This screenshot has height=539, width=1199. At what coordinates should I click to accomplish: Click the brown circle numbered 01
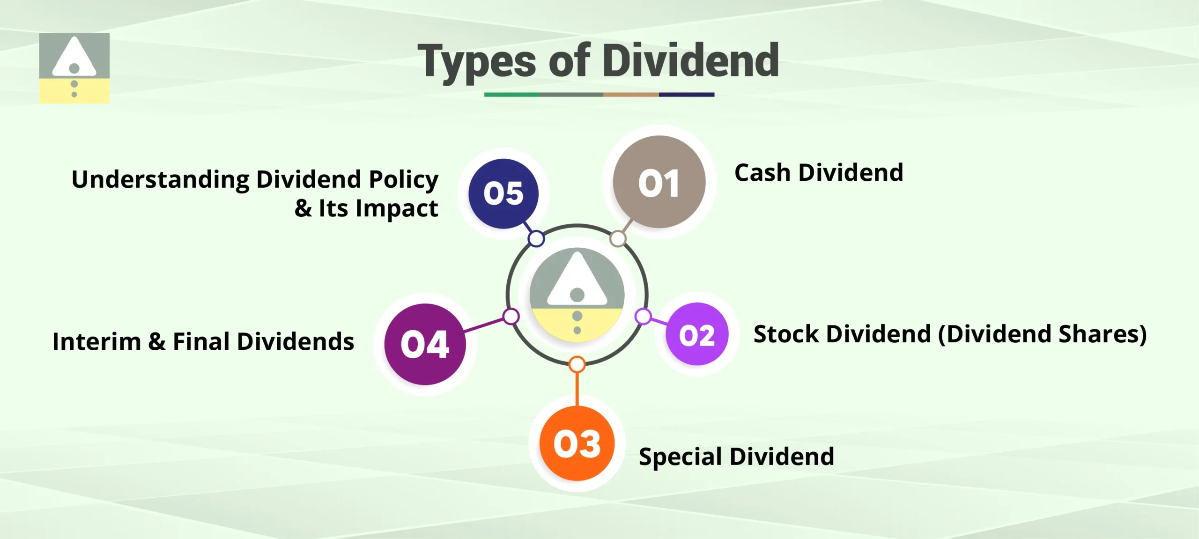point(659,182)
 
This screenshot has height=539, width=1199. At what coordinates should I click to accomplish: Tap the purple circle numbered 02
point(697,334)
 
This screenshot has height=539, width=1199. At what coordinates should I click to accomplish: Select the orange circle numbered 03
point(577,443)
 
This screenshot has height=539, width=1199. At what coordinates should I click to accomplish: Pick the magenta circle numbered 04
point(425,344)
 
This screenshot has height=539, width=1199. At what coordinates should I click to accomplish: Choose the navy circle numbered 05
point(503,193)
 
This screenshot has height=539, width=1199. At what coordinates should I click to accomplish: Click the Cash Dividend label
point(818,173)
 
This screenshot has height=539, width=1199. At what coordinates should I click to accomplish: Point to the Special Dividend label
point(736,456)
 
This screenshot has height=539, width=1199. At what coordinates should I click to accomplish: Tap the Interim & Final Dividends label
point(203,341)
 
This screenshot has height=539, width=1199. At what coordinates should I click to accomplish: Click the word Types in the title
point(477,62)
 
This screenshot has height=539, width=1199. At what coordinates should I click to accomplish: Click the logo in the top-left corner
point(74,68)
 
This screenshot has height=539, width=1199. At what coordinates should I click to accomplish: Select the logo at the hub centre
point(577,295)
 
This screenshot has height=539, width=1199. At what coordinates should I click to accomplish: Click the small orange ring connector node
point(577,364)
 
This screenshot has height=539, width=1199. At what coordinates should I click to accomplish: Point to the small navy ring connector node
point(536,238)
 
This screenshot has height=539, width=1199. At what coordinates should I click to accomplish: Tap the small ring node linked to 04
point(511,316)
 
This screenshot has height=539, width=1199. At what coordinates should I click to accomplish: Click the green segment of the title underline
point(511,95)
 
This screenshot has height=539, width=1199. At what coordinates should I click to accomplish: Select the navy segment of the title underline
point(686,95)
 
